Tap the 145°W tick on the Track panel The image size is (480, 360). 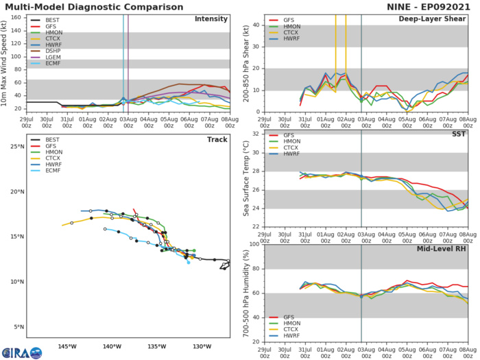point(67,346)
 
